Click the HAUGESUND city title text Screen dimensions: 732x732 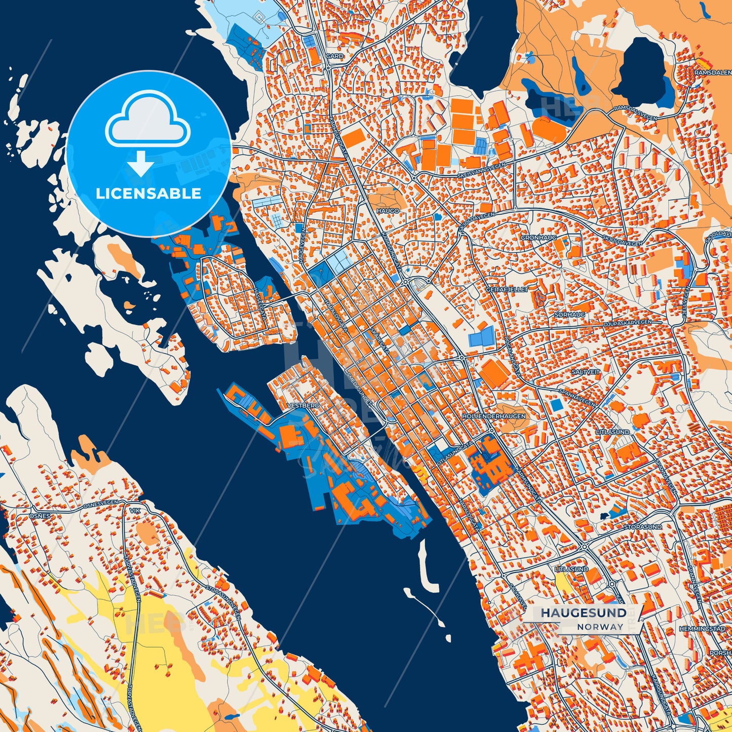pyautogui.click(x=583, y=613)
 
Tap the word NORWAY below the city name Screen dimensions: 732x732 pyautogui.click(x=600, y=627)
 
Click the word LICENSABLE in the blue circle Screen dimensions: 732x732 pyautogui.click(x=148, y=194)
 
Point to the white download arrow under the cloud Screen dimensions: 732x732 pyautogui.click(x=141, y=163)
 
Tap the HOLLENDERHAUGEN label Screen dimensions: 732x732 pyautogui.click(x=493, y=416)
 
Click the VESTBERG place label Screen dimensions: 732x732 pyautogui.click(x=303, y=406)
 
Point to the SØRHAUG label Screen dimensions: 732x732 pyautogui.click(x=570, y=315)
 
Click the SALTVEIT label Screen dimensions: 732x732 pyautogui.click(x=586, y=372)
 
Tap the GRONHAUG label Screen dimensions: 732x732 pyautogui.click(x=538, y=237)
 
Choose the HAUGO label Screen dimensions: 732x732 pyautogui.click(x=388, y=210)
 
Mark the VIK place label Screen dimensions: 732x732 pyautogui.click(x=134, y=511)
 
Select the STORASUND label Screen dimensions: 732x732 pyautogui.click(x=642, y=527)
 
